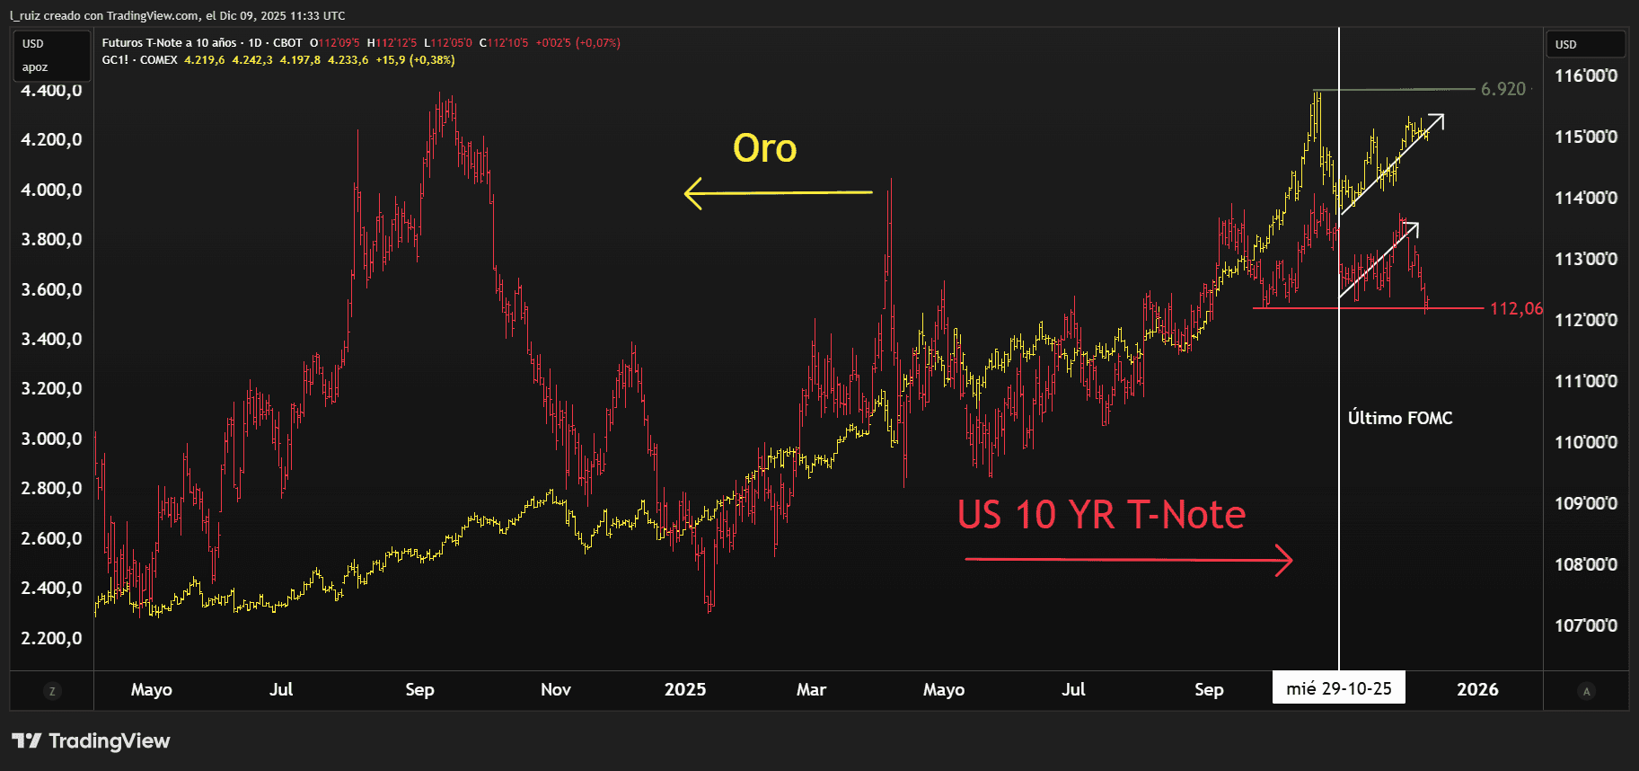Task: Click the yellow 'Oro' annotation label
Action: (x=764, y=148)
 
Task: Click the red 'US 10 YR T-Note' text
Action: (x=1101, y=515)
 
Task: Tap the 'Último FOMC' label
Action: (x=1399, y=418)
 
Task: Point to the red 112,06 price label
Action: (x=1516, y=308)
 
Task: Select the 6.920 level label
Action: (x=1502, y=89)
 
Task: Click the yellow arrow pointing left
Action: (x=777, y=192)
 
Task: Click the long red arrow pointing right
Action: (x=1128, y=560)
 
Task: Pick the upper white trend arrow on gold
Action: (x=1392, y=164)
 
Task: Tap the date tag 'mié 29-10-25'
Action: (x=1338, y=688)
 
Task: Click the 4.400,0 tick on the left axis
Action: (x=51, y=91)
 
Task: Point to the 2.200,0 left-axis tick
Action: (x=51, y=638)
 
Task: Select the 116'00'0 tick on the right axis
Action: (x=1585, y=75)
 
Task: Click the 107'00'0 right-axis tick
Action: (x=1585, y=625)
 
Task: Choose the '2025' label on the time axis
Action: (x=684, y=689)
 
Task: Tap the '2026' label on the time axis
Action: (x=1476, y=689)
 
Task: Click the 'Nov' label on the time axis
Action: (x=555, y=689)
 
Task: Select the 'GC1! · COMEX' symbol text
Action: (x=139, y=60)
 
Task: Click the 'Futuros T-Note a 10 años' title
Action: (x=169, y=42)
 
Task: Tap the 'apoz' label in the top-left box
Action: (x=35, y=67)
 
